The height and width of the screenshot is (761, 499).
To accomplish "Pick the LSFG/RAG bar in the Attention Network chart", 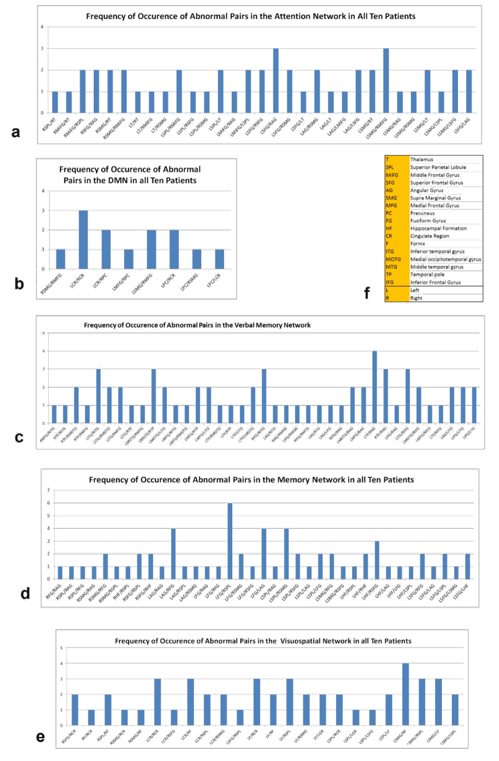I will [276, 80].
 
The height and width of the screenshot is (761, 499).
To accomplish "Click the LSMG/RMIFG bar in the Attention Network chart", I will [386, 80].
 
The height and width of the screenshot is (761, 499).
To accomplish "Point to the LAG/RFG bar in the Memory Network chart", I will [174, 553].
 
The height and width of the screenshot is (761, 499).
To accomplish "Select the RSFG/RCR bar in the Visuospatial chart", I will [75, 709].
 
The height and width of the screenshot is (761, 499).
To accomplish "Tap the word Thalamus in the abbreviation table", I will [422, 160].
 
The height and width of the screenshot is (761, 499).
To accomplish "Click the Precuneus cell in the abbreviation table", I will [422, 213].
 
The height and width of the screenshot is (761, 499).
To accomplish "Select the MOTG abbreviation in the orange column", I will [393, 259].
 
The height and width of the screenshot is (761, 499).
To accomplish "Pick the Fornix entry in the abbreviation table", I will [417, 244].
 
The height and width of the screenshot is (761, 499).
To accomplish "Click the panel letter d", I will [25, 594].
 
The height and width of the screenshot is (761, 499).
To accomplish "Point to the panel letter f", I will [366, 293].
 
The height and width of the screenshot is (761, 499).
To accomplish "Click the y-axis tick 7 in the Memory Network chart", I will [49, 490].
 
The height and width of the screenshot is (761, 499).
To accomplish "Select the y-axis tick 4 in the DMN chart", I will [43, 191].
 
